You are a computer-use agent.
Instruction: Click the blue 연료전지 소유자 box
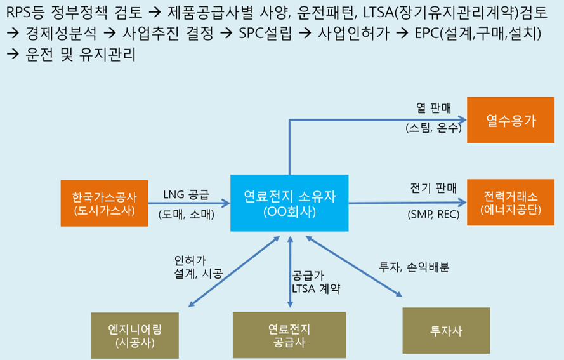point(289,203)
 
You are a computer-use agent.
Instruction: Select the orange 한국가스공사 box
point(104,203)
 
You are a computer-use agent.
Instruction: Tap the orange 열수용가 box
point(511,120)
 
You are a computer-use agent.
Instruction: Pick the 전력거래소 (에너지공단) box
point(511,203)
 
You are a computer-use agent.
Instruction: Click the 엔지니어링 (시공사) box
point(135,335)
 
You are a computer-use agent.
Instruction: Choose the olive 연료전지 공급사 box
point(289,335)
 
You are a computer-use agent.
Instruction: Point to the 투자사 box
point(446,331)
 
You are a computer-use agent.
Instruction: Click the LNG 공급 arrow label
point(186,195)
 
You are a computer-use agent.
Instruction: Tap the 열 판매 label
point(433,108)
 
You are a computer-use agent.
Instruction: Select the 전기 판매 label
point(433,188)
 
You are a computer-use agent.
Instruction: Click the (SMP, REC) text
point(433,215)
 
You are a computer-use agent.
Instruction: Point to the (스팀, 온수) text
point(433,128)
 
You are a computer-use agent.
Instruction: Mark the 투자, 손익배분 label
point(414,267)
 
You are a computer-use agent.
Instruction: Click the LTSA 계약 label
point(316,289)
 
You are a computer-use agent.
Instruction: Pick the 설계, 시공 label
point(199,274)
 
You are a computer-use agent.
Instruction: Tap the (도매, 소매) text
point(187,215)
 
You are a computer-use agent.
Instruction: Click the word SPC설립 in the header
point(265,33)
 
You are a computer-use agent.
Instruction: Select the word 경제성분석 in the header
point(61,33)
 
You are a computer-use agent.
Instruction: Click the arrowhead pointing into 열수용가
point(463,119)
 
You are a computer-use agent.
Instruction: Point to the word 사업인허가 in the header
point(353,33)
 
